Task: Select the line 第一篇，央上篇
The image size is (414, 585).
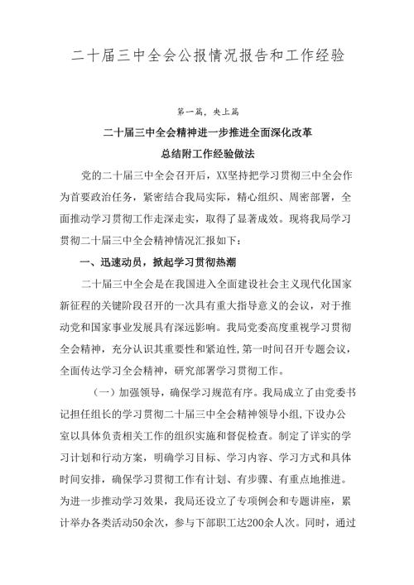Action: click(206, 111)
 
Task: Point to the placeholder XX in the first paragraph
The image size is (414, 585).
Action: click(219, 176)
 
